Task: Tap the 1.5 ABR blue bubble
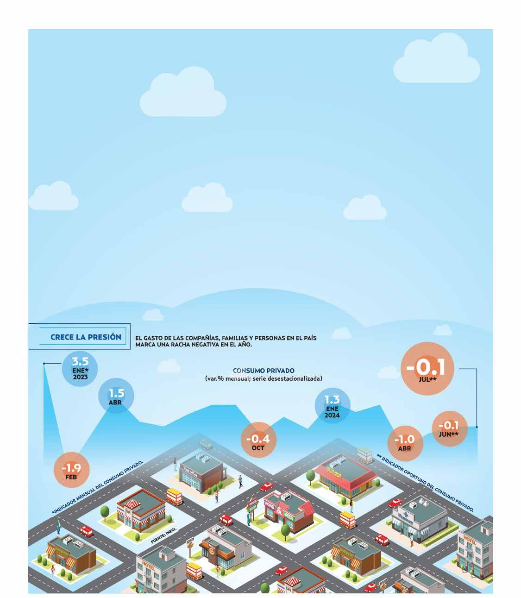pyautogui.click(x=116, y=397)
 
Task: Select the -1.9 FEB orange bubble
pyautogui.click(x=71, y=470)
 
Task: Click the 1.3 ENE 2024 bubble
pyautogui.click(x=332, y=406)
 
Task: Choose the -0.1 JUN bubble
pyautogui.click(x=448, y=428)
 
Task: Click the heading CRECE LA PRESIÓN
pyautogui.click(x=86, y=337)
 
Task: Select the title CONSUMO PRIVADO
pyautogui.click(x=264, y=371)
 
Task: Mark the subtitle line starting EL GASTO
pyautogui.click(x=226, y=338)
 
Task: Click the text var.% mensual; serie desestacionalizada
pyautogui.click(x=264, y=378)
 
